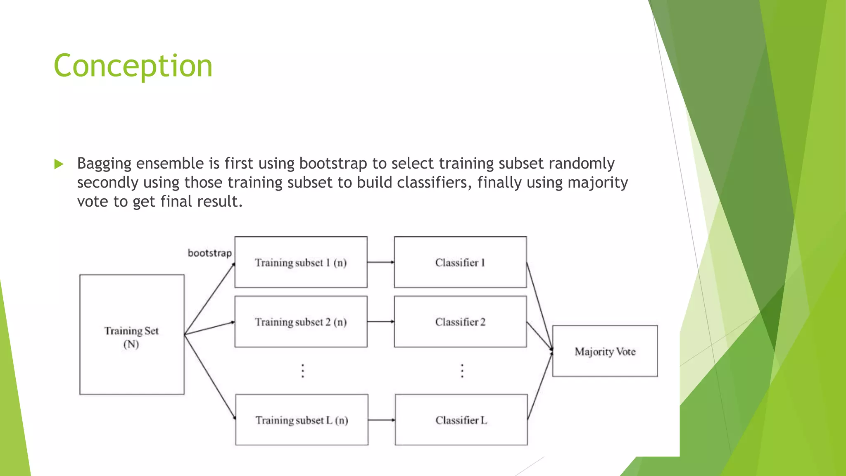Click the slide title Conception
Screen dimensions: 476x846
click(133, 66)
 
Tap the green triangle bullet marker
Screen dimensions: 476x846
click(59, 164)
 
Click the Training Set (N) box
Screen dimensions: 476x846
click(132, 335)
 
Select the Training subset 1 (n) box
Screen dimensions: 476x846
click(301, 262)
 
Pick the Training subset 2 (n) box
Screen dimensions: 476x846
click(301, 321)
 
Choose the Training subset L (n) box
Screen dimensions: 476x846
click(302, 420)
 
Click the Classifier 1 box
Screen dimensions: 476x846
click(460, 262)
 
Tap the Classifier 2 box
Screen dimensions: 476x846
click(460, 321)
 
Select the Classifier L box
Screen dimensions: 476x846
click(461, 420)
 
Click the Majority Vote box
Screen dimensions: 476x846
click(605, 351)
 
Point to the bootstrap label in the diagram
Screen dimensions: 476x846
click(209, 253)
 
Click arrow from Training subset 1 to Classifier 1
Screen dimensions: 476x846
click(380, 262)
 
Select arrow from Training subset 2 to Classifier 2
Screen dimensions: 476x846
click(380, 321)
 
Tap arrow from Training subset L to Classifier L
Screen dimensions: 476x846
click(381, 420)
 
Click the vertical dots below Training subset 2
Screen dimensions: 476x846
click(303, 371)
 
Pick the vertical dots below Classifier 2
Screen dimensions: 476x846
click(462, 371)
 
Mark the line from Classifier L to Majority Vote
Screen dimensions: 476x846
click(540, 386)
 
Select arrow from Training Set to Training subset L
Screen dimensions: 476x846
click(209, 377)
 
